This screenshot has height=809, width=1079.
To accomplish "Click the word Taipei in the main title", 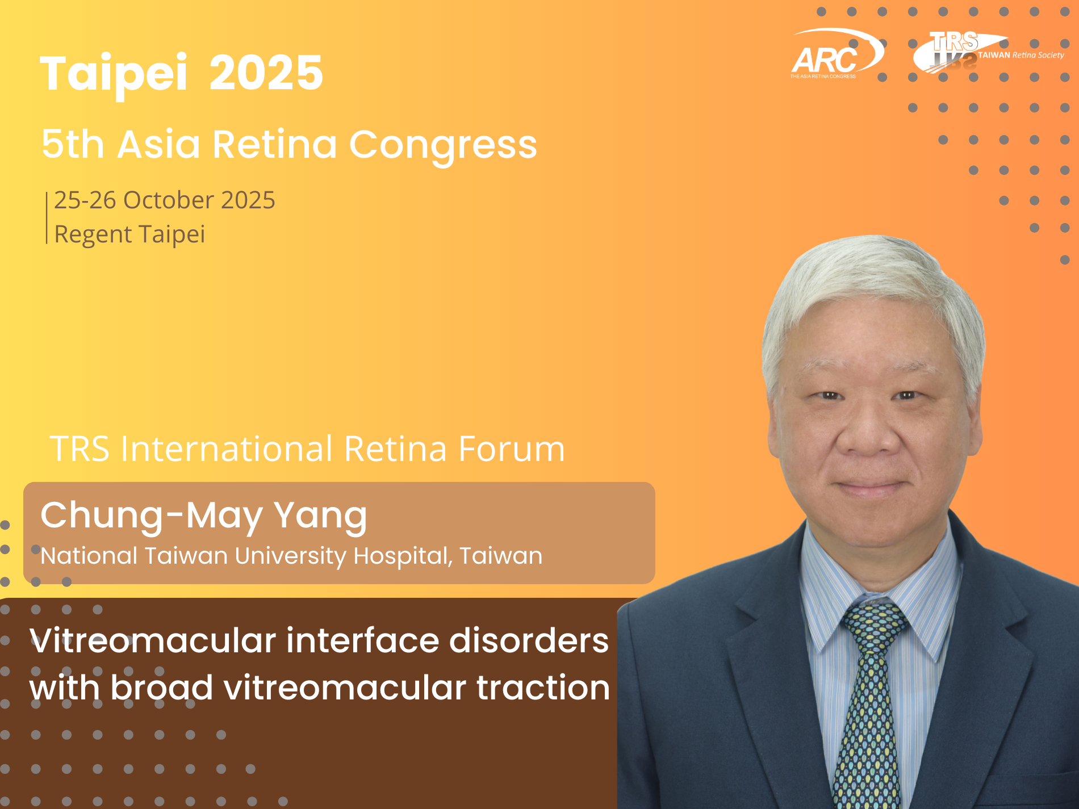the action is [x=114, y=74].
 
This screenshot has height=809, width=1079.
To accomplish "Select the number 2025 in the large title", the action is [x=266, y=73].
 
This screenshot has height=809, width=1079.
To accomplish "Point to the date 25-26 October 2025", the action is [x=165, y=200].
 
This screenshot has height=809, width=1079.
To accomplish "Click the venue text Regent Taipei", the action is [x=129, y=234].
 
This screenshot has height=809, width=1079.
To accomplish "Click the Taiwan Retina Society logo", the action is [x=988, y=51].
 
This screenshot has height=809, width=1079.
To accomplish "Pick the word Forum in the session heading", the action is [x=512, y=449].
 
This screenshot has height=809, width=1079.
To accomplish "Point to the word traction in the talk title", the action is [x=543, y=688].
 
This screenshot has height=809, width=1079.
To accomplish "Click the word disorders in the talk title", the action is [x=529, y=641].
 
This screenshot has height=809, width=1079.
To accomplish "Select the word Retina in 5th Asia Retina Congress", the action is [x=275, y=144].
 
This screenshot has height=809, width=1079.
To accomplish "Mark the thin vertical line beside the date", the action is [x=47, y=218].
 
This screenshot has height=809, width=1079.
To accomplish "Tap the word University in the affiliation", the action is [x=290, y=556].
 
